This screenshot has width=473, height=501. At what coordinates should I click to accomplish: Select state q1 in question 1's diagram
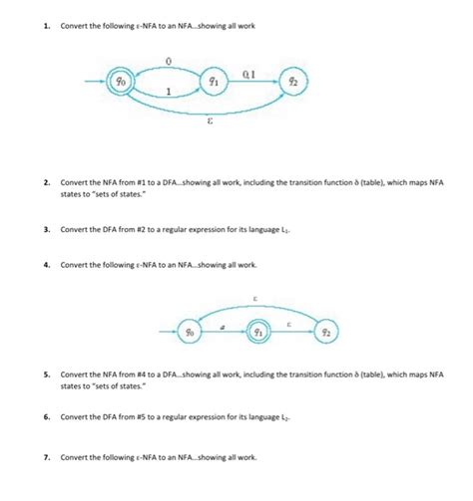pyautogui.click(x=213, y=81)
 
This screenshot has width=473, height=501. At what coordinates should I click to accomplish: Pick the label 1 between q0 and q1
pyautogui.click(x=169, y=93)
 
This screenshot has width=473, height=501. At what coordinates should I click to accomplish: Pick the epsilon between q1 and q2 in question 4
pyautogui.click(x=292, y=324)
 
